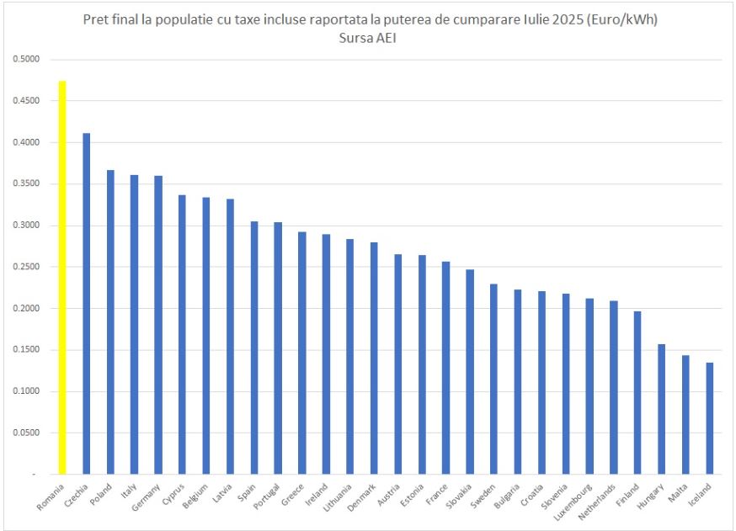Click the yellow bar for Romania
click(62, 278)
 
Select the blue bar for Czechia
click(86, 304)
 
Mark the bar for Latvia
click(230, 337)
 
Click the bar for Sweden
click(493, 379)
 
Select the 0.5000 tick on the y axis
click(26, 60)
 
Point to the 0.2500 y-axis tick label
click(26, 268)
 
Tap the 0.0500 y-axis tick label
click(26, 433)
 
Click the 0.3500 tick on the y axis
click(26, 184)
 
